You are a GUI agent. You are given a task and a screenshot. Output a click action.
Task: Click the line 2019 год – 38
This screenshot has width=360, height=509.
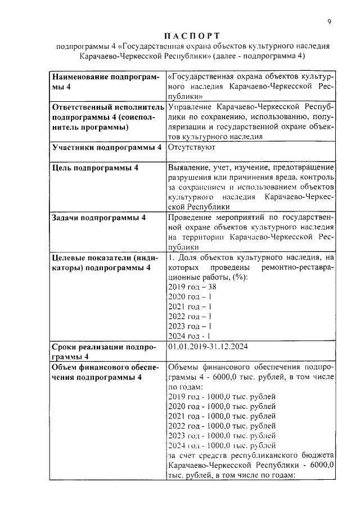tap(192, 286)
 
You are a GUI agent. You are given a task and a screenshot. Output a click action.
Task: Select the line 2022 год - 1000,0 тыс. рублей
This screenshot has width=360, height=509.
tap(222, 426)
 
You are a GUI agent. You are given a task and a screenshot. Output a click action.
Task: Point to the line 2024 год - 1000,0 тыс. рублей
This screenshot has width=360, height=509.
tap(222, 445)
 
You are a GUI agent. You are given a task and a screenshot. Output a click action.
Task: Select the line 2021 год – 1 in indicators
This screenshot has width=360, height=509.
tap(190, 307)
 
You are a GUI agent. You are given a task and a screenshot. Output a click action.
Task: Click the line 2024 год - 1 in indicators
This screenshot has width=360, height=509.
tap(190, 336)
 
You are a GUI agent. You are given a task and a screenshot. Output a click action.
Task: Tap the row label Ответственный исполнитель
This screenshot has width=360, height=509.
tap(107, 106)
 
